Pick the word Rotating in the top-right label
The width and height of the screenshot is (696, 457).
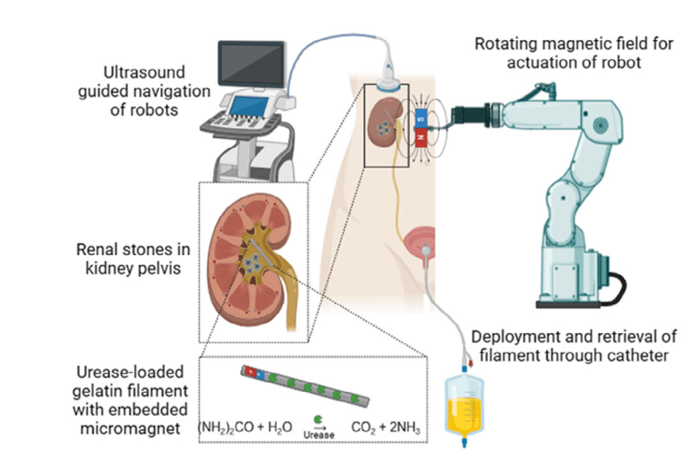coord(503,43)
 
